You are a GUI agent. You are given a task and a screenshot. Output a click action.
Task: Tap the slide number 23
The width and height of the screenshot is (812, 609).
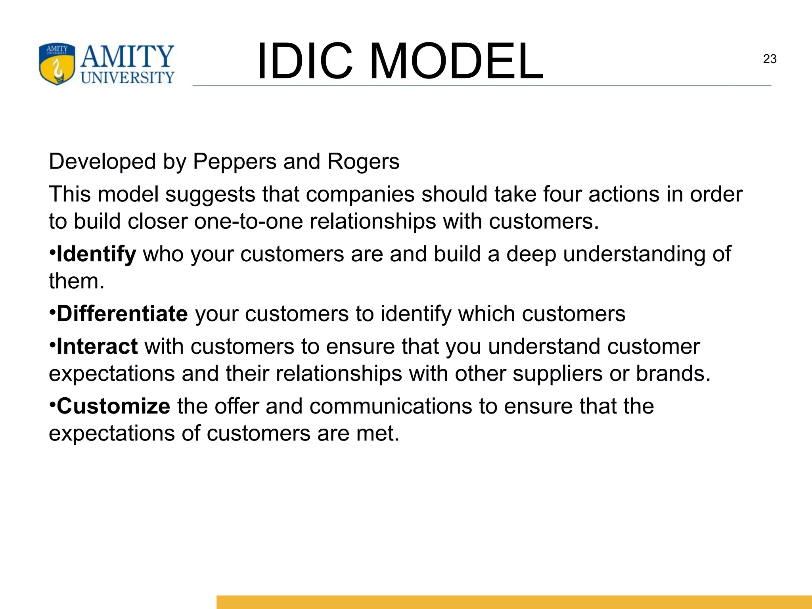tap(770, 59)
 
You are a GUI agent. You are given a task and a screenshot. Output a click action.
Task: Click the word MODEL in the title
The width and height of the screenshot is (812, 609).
tap(456, 61)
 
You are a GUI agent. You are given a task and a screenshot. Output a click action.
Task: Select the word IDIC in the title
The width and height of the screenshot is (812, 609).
tap(304, 61)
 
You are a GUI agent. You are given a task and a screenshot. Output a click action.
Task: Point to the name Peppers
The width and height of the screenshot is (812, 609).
tap(234, 162)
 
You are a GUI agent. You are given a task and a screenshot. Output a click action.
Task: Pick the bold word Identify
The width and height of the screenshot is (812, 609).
tap(96, 254)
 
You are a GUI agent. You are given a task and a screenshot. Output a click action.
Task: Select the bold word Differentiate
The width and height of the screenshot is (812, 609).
tap(122, 314)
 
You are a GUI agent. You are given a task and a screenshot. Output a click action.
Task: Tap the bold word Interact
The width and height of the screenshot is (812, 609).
tap(97, 347)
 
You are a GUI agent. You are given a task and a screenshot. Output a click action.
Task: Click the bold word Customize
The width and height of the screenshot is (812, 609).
tap(113, 406)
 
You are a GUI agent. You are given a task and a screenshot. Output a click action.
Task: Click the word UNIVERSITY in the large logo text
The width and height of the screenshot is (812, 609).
tap(127, 77)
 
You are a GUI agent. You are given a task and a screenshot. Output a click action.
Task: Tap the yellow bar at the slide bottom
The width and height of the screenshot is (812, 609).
tap(514, 602)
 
